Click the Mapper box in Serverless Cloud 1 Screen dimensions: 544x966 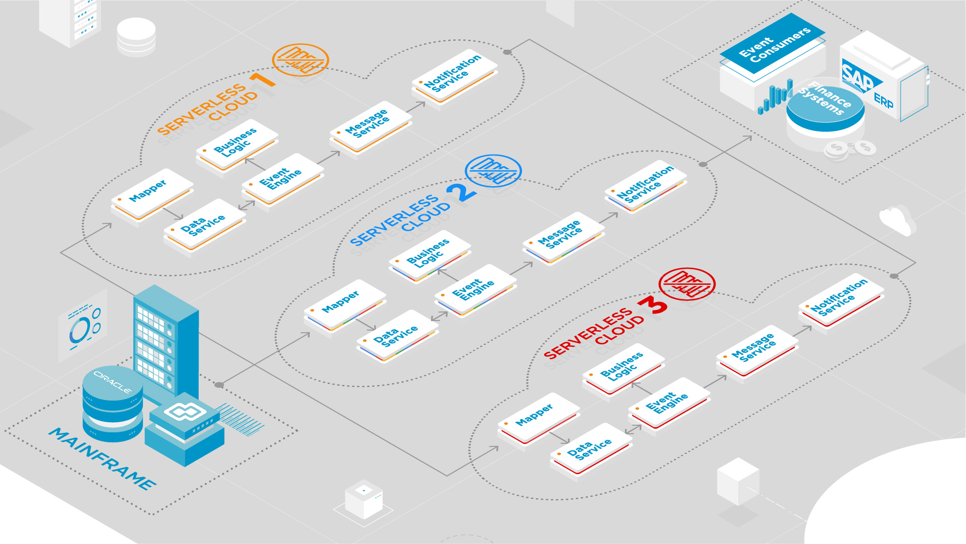point(151,194)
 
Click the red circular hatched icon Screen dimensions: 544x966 point(686,284)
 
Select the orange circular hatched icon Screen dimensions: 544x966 point(300,59)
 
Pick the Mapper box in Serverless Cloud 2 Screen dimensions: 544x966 point(344,304)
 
